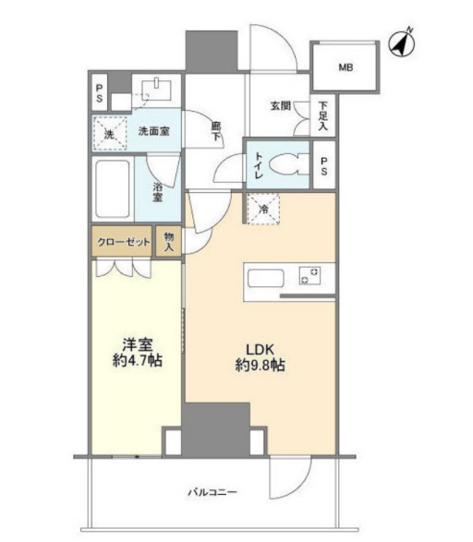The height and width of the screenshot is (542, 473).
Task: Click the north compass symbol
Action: [x=402, y=43]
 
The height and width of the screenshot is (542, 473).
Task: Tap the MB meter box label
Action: [x=346, y=67]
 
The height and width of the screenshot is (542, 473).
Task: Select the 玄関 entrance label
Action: [x=281, y=106]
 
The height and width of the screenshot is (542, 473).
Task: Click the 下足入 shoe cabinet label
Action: [x=323, y=115]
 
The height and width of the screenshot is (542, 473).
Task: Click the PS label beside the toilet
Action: [x=324, y=166]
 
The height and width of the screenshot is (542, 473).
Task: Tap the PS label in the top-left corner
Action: [x=99, y=93]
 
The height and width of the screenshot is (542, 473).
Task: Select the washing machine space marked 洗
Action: [x=110, y=134]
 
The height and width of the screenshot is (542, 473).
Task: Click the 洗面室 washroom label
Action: [x=154, y=131]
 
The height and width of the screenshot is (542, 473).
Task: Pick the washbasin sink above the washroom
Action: [x=156, y=90]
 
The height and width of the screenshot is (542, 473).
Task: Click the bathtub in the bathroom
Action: [x=113, y=188]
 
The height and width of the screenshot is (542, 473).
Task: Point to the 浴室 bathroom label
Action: [x=158, y=192]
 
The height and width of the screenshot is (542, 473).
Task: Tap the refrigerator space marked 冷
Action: [x=263, y=209]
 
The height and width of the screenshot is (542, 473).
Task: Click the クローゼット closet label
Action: [x=124, y=242]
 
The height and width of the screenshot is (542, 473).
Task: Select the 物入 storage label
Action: [x=169, y=242]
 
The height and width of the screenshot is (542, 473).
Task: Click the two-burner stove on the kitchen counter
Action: [x=309, y=275]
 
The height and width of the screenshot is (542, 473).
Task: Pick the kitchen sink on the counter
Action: [x=266, y=279]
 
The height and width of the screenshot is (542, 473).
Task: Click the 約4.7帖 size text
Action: [x=138, y=361]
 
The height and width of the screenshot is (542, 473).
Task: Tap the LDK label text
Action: [x=260, y=350]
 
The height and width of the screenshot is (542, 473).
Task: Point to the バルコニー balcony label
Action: [x=212, y=492]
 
